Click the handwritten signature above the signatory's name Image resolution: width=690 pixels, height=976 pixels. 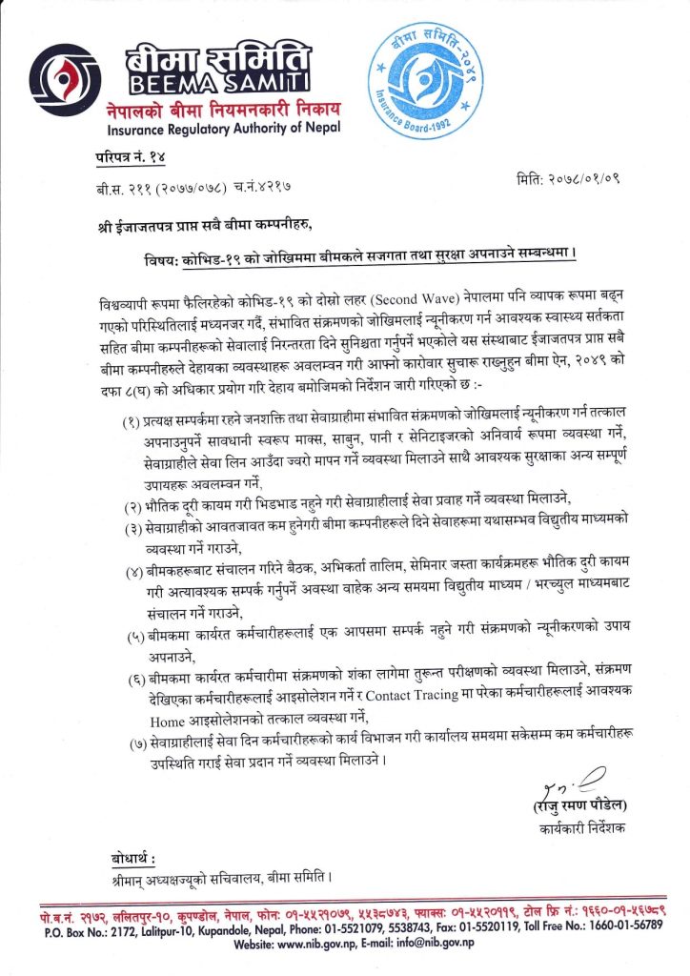click(x=578, y=783)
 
